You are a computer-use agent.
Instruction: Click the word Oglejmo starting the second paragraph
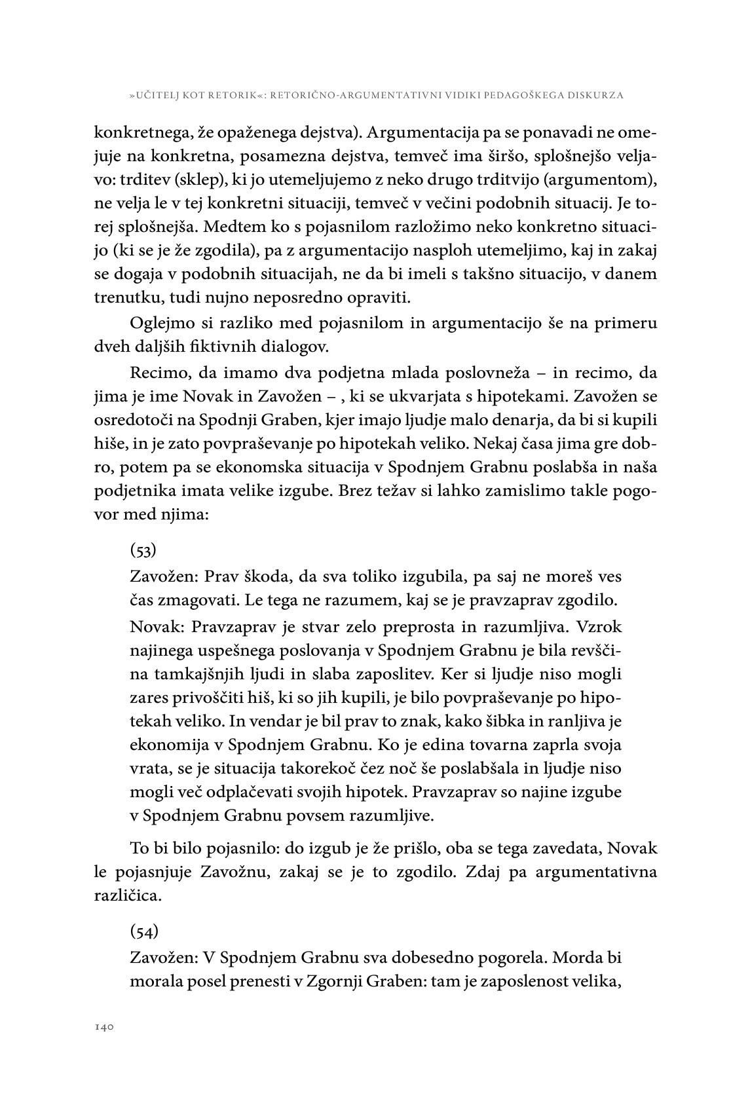[x=159, y=324]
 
